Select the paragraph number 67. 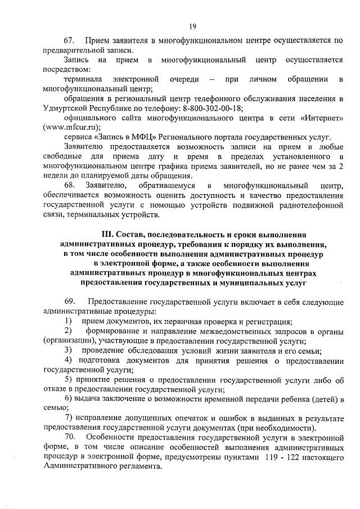70,41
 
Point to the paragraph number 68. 70,185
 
